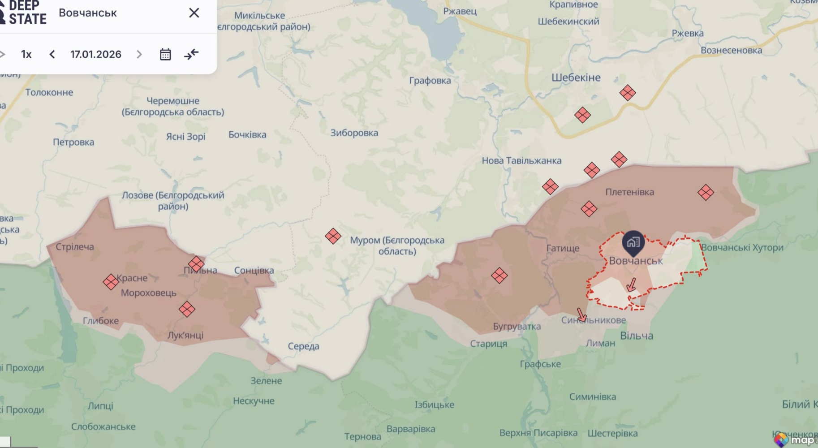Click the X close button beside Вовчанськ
[x=194, y=13]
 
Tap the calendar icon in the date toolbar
[x=165, y=54]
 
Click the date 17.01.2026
[x=95, y=54]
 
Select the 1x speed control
[x=26, y=54]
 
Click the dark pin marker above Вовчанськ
[x=633, y=242]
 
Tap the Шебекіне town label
[x=576, y=78]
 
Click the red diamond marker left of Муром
[x=333, y=236]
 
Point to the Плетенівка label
[x=629, y=192]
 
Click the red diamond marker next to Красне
[x=111, y=282]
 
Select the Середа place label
[x=303, y=346]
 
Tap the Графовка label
[x=430, y=81]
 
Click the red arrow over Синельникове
[x=581, y=315]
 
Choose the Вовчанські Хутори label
[x=742, y=247]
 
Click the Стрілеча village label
[x=75, y=246]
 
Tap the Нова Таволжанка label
[x=521, y=160]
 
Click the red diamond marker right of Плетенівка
[x=706, y=193]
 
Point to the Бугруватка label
[x=517, y=326]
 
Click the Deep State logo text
[x=27, y=13]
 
